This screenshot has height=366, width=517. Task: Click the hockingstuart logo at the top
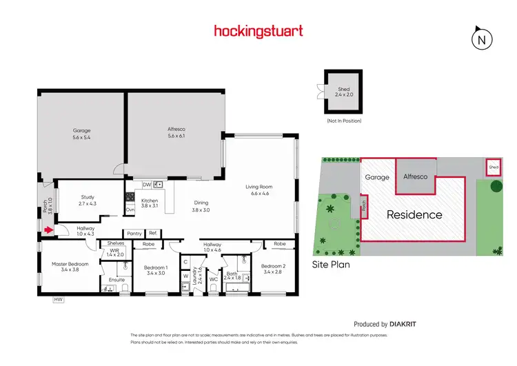(258, 31)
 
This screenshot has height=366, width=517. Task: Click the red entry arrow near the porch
(48, 230)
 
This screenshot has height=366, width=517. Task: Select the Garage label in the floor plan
(82, 134)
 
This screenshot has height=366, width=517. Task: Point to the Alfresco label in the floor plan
(176, 134)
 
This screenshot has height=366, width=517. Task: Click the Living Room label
(260, 190)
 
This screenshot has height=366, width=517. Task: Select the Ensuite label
(116, 280)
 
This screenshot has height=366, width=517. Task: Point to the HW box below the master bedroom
(59, 299)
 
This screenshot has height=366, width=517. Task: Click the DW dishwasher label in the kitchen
(147, 185)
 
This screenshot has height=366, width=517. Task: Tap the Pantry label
(134, 234)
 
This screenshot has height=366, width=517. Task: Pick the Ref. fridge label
(152, 234)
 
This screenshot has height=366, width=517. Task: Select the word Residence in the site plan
(414, 214)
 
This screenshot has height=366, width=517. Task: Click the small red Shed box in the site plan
(493, 167)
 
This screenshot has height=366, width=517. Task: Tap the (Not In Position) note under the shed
(343, 121)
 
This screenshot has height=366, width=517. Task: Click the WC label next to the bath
(213, 279)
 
